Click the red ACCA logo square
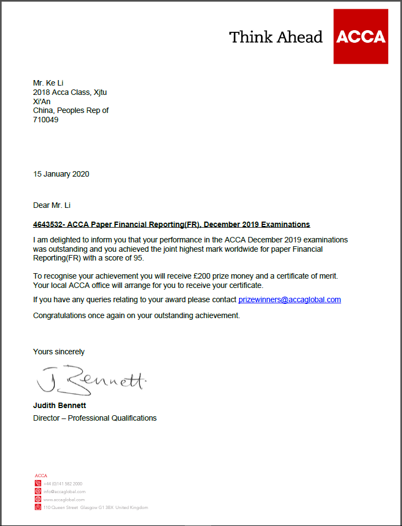tap(360, 37)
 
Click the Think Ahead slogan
tap(276, 37)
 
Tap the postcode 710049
tap(46, 120)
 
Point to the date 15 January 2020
tap(61, 174)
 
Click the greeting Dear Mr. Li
tap(52, 206)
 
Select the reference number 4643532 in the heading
tap(48, 224)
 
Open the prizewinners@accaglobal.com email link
tap(290, 299)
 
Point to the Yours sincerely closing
tap(59, 352)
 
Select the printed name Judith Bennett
tap(60, 406)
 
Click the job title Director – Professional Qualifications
tap(95, 418)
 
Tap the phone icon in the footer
tap(38, 483)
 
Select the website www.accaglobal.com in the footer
tap(64, 500)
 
